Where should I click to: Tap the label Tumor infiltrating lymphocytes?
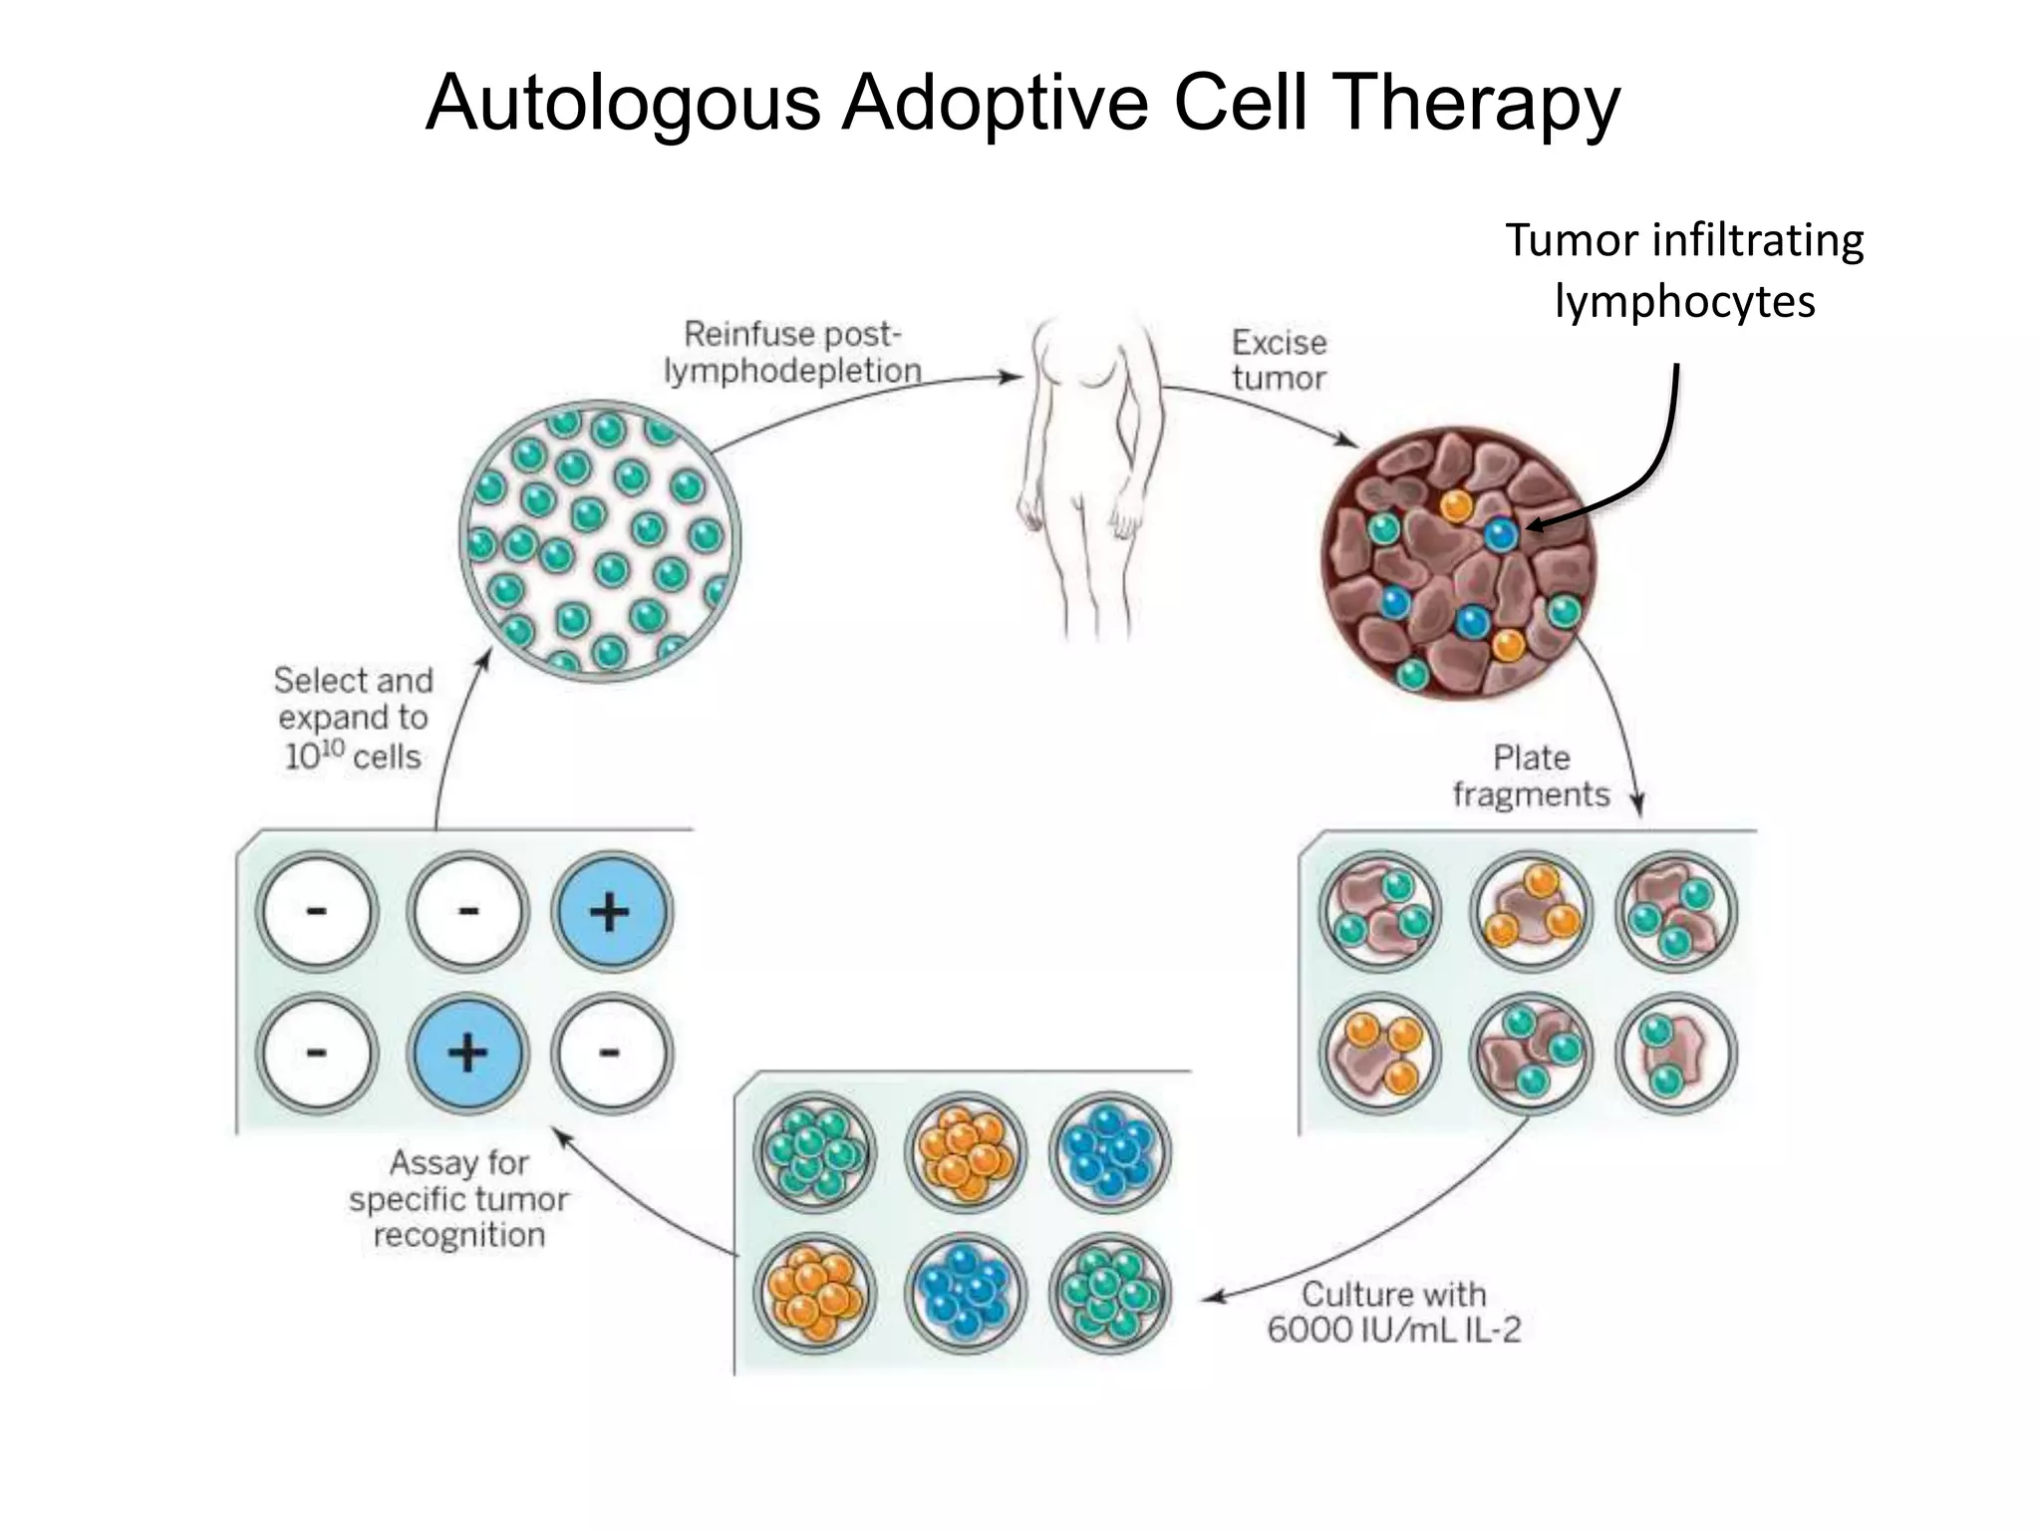(1684, 270)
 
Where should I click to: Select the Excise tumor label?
(1279, 360)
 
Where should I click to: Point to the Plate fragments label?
(1531, 775)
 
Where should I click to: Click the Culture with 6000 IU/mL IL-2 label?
(1393, 1312)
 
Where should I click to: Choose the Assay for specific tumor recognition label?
(459, 1198)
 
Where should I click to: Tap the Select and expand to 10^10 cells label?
(353, 718)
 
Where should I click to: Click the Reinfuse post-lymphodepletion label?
(792, 352)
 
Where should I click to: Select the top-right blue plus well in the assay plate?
(611, 911)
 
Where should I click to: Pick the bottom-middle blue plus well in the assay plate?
(466, 1053)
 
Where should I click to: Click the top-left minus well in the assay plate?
(317, 911)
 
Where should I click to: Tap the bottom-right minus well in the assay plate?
(611, 1053)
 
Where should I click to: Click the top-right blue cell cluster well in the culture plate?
(1109, 1151)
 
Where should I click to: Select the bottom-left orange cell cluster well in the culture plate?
(814, 1293)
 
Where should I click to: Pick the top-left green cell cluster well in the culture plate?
(814, 1151)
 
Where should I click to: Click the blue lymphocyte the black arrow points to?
(1500, 534)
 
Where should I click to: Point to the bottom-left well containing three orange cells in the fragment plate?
(1379, 1053)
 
